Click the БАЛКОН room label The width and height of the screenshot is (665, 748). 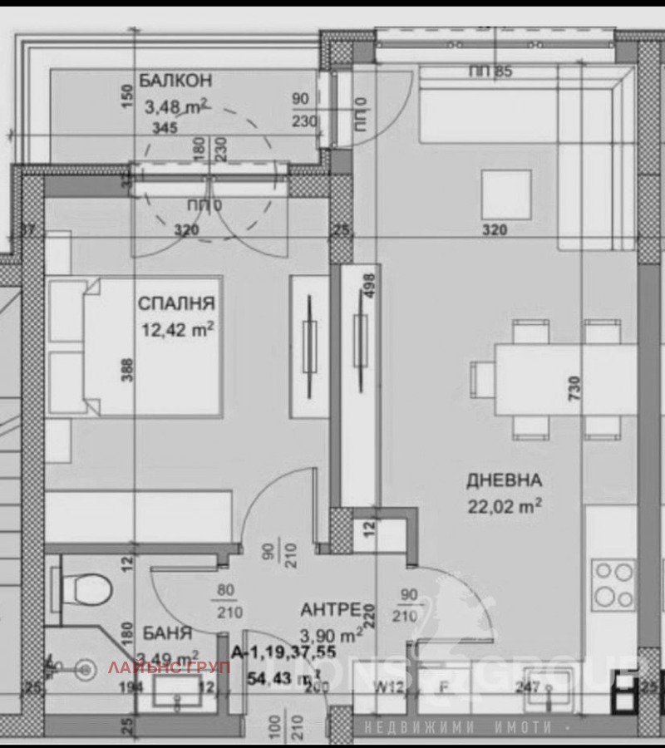(x=175, y=81)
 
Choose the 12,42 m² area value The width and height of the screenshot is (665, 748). (x=178, y=330)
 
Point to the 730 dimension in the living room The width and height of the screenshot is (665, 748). (x=574, y=387)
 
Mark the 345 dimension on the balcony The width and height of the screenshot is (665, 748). (x=165, y=128)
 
